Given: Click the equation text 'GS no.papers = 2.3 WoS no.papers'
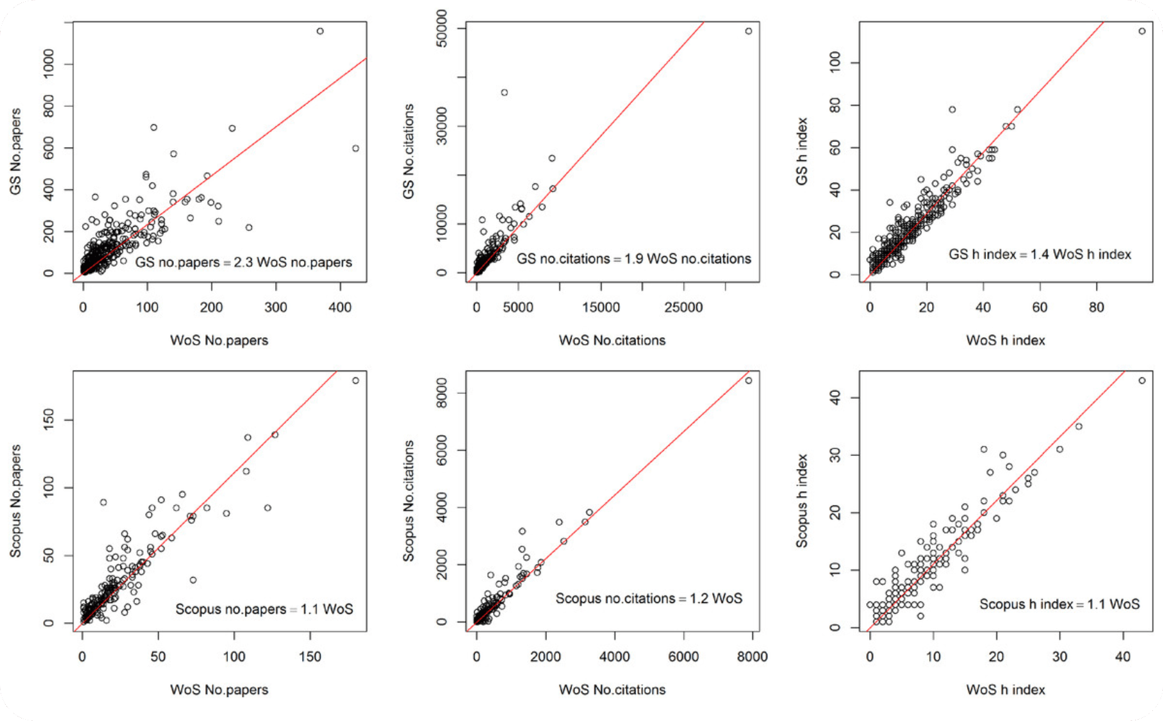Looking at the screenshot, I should pyautogui.click(x=244, y=262).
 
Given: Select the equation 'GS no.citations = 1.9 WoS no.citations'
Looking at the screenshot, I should pyautogui.click(x=634, y=259).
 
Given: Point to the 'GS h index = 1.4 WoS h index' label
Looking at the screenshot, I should pyautogui.click(x=1040, y=254).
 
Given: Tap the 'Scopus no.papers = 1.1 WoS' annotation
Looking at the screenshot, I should pyautogui.click(x=264, y=609).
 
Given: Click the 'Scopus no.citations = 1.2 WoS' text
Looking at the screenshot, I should pyautogui.click(x=649, y=599).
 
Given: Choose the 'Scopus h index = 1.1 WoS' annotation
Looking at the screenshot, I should pyautogui.click(x=1059, y=604).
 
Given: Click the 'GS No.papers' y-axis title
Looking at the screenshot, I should pyautogui.click(x=16, y=151).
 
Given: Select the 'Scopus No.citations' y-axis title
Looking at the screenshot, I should pyautogui.click(x=409, y=501).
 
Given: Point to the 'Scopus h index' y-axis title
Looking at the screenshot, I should pyautogui.click(x=802, y=501).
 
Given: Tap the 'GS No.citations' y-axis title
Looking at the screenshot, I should pyautogui.click(x=409, y=151).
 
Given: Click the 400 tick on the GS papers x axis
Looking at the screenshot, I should pyautogui.click(x=340, y=307).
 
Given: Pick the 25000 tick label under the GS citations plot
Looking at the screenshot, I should pyautogui.click(x=683, y=307).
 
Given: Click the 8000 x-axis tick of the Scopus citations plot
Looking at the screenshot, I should pyautogui.click(x=752, y=656).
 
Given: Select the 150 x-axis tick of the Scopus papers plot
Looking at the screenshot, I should pyautogui.click(x=310, y=656).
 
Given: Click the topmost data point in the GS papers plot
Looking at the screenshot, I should pyautogui.click(x=320, y=31).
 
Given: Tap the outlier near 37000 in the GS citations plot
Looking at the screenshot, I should pyautogui.click(x=504, y=92).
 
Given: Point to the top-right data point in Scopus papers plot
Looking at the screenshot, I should pyautogui.click(x=355, y=381).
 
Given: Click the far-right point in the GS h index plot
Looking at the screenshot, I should pyautogui.click(x=1142, y=31).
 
